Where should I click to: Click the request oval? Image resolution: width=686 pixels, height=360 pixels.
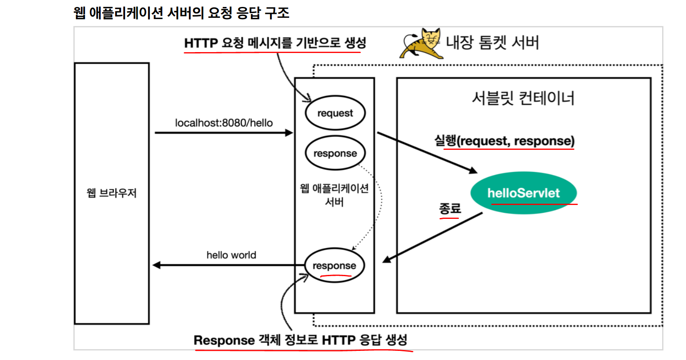pos(335,113)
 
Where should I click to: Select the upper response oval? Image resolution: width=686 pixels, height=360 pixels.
pos(335,153)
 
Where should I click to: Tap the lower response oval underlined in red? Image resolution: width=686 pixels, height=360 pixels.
pos(334,265)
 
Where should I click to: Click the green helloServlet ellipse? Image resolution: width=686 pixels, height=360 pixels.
pos(523,193)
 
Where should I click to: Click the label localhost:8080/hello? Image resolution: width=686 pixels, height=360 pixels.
pos(224,123)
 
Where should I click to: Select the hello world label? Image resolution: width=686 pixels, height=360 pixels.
pos(231,255)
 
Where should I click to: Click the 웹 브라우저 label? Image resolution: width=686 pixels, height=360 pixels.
pos(112,193)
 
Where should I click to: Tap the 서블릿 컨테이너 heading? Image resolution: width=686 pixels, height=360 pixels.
pos(523,98)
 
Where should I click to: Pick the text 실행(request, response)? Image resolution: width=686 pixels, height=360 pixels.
pos(504,141)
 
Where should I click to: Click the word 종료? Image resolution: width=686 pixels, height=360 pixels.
pos(449,208)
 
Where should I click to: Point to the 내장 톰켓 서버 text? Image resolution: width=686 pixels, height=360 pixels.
pos(492,43)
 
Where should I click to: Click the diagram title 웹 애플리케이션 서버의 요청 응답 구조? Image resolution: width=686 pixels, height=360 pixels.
pos(181,13)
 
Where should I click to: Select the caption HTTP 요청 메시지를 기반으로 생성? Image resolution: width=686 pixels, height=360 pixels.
pos(275,43)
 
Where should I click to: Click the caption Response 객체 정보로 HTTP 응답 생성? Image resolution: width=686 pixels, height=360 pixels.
pos(300,340)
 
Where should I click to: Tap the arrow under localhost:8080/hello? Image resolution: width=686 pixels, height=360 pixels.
pos(224,132)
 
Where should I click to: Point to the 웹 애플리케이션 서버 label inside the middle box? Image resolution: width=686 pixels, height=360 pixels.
pos(334,195)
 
